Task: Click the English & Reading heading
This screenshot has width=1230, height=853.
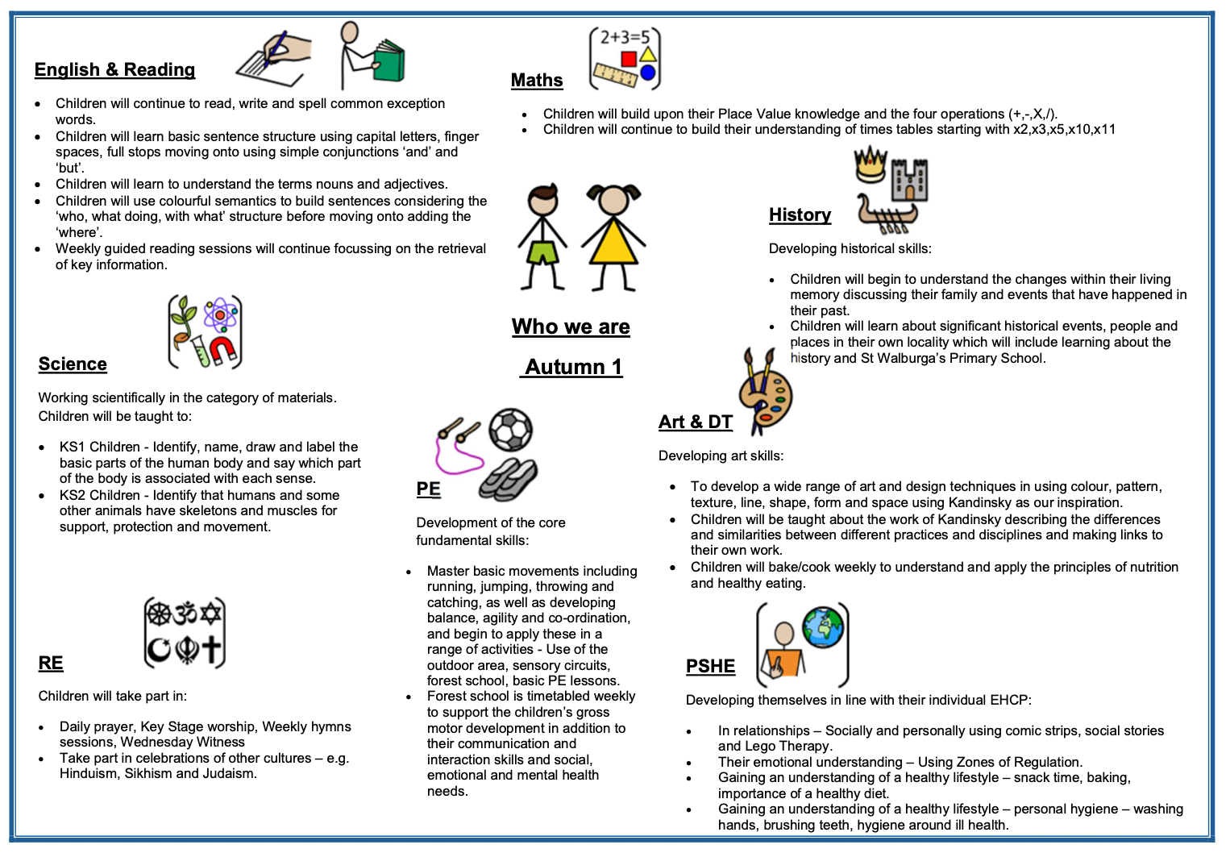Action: [114, 70]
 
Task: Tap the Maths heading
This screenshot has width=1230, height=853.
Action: [537, 81]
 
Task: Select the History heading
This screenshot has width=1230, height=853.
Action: [800, 215]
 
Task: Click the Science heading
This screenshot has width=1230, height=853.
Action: [73, 364]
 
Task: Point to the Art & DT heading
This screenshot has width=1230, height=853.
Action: [695, 422]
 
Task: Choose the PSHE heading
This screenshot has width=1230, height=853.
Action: [710, 667]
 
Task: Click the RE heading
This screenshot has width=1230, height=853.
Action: [51, 664]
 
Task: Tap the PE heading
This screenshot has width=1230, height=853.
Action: [428, 489]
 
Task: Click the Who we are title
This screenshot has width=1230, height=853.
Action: [571, 327]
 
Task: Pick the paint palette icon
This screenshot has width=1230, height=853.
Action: [770, 397]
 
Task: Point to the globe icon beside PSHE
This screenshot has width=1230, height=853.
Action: [823, 626]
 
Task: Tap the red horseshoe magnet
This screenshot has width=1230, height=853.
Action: [222, 351]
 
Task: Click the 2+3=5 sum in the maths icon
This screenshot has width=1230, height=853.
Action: [624, 37]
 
